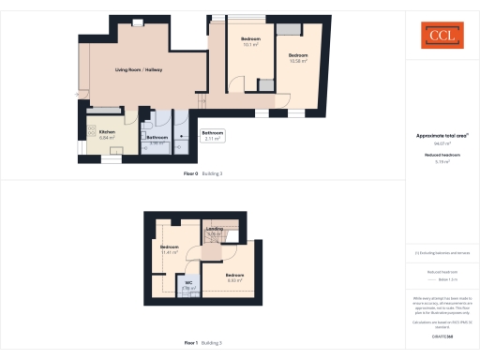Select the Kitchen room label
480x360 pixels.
(108, 134)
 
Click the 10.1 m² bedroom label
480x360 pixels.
(250, 42)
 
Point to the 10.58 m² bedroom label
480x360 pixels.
(298, 58)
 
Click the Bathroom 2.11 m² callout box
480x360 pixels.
(214, 135)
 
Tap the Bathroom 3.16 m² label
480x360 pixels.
(157, 142)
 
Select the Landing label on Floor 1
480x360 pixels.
(215, 231)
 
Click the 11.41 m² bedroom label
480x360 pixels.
(169, 249)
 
